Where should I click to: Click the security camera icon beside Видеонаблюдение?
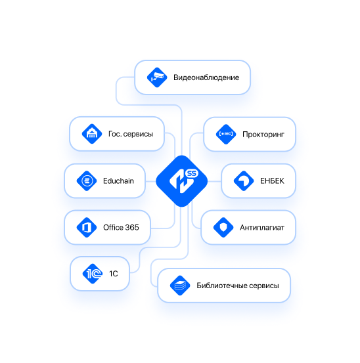coord(157,77)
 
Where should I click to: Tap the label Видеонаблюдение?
coord(206,77)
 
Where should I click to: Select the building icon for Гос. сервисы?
coord(92,134)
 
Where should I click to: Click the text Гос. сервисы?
coord(131,134)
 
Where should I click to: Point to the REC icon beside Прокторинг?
coord(226,135)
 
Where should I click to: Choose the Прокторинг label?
coord(263,135)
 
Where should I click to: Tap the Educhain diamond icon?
coord(87,181)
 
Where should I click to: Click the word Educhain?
coord(118,181)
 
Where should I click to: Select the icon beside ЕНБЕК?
coord(244,181)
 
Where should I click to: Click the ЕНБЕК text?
coord(272,181)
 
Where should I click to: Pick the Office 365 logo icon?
coord(87,227)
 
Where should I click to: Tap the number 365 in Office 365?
coord(131,227)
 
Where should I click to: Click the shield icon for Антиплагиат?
coord(223,227)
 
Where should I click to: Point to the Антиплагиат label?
coord(262,228)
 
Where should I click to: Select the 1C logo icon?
coord(93,274)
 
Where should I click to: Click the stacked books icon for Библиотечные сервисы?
coord(180,286)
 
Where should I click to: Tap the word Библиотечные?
coord(221,286)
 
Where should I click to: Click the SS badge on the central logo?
coord(192,173)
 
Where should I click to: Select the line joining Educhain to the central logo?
coord(150,181)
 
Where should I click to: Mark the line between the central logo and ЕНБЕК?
coord(214,181)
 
